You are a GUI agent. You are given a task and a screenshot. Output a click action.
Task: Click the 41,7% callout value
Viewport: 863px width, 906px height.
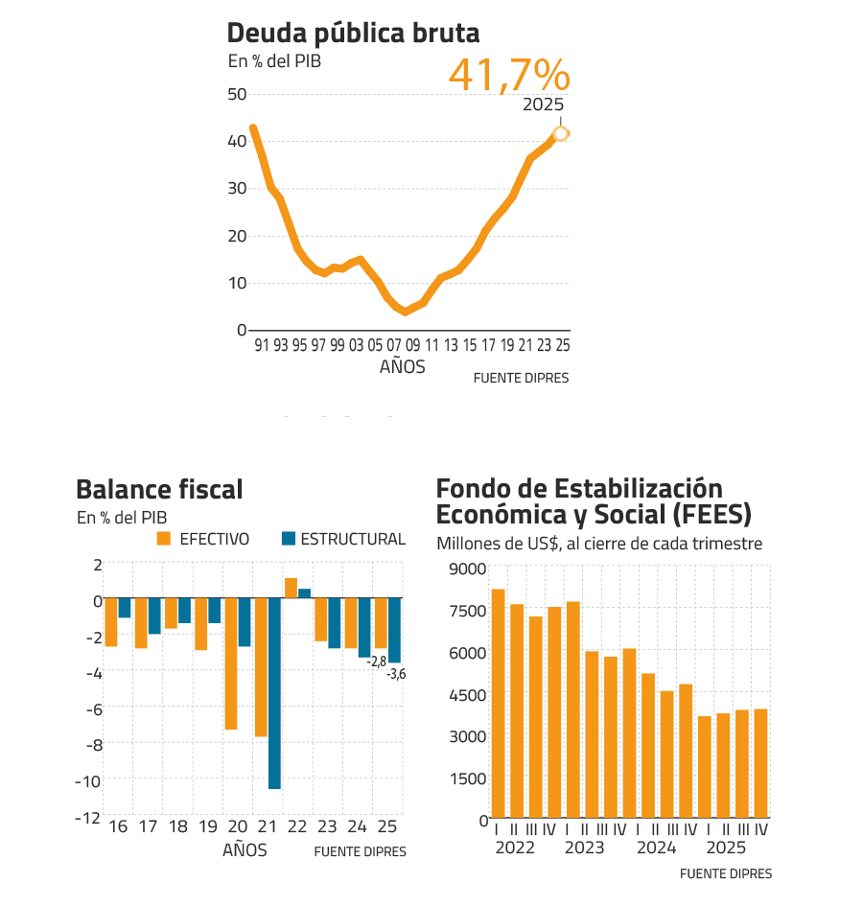[508, 76]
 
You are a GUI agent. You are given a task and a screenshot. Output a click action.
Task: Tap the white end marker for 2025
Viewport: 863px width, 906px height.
[562, 133]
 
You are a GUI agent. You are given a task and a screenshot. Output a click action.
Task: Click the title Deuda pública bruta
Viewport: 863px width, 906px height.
[353, 35]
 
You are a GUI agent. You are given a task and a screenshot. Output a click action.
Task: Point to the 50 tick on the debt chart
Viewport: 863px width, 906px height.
[237, 94]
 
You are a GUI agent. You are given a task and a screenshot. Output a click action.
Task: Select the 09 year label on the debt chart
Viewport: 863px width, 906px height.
[412, 345]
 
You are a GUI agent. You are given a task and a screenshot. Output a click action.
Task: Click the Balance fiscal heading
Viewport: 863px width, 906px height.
[159, 490]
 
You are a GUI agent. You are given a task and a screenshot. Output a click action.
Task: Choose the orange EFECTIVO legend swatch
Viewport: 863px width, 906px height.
[163, 539]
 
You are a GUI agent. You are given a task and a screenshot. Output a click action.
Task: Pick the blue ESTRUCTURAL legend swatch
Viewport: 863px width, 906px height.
[288, 539]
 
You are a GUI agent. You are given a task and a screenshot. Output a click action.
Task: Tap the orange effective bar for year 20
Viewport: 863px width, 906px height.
[231, 663]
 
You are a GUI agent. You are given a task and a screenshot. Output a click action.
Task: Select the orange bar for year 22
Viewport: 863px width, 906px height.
[291, 587]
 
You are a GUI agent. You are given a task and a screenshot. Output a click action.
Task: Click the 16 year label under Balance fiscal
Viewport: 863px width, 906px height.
[118, 827]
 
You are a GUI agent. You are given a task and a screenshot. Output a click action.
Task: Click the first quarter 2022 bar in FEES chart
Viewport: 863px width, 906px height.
[498, 703]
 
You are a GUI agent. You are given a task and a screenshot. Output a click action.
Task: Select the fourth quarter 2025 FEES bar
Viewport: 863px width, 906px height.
[760, 763]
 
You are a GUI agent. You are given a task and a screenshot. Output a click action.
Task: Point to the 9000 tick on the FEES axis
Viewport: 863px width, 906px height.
[470, 569]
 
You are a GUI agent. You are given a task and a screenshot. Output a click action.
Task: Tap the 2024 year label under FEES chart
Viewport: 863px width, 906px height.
[657, 848]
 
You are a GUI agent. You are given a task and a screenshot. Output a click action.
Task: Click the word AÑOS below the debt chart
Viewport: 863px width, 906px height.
[403, 366]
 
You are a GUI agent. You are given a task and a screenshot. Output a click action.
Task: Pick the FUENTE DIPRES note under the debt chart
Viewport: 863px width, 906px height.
[521, 379]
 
